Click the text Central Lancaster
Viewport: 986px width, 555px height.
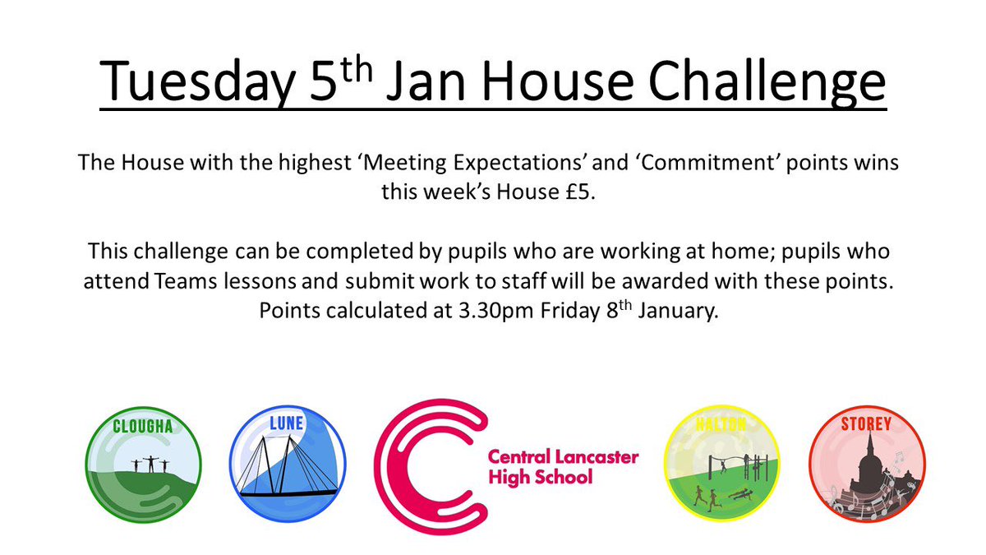point(563,456)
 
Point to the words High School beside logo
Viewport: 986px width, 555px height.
point(540,477)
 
